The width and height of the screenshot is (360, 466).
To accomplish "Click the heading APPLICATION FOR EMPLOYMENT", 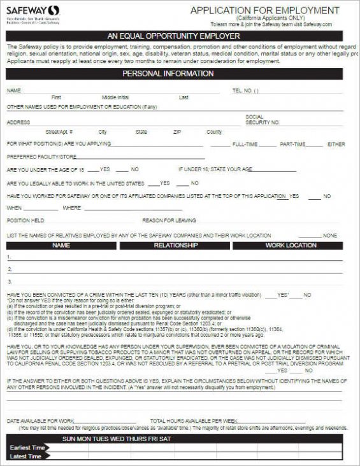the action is [x=264, y=11].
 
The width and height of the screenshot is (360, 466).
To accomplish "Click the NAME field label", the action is [x=14, y=91].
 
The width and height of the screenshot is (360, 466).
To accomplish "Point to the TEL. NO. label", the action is [x=245, y=91].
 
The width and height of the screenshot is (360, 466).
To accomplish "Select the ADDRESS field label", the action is [x=18, y=122].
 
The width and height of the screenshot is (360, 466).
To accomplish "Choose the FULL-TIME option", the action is [x=245, y=145].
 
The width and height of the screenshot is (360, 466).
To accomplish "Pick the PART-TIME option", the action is [x=292, y=145].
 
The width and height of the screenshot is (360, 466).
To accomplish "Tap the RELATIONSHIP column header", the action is [x=176, y=245].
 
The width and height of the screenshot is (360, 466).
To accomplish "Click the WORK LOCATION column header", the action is [x=291, y=245].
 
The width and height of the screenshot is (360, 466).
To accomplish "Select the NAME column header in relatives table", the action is [x=61, y=245].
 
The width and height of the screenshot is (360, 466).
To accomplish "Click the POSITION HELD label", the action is [x=25, y=220].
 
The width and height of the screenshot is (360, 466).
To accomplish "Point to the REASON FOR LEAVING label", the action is [x=169, y=220].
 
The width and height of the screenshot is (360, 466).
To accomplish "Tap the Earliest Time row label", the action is [x=27, y=448].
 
